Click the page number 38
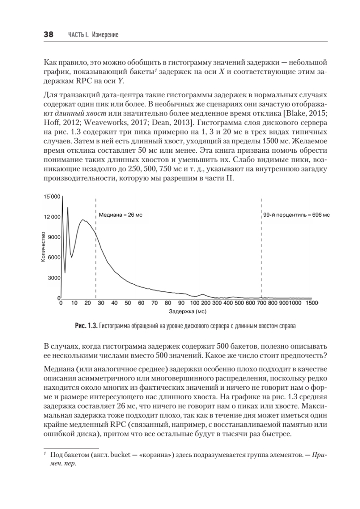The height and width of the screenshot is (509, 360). click(x=48, y=35)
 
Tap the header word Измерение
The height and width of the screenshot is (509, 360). click(x=103, y=35)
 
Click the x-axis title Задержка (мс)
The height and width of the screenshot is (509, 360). click(x=187, y=312)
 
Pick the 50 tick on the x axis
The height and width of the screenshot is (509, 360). click(x=128, y=303)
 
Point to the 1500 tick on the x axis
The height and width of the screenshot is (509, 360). click(x=312, y=303)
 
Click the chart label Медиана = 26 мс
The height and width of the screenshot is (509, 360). click(x=120, y=215)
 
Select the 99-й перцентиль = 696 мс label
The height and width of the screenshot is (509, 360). click(x=296, y=215)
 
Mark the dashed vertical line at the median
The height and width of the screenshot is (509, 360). click(x=96, y=255)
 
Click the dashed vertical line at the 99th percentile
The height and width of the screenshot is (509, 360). click(x=261, y=255)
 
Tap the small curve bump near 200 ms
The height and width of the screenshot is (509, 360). click(x=203, y=294)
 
